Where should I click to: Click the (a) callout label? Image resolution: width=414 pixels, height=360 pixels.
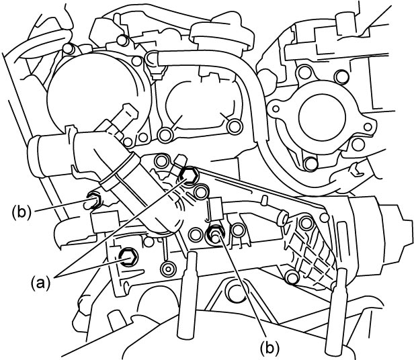click(x=40, y=283)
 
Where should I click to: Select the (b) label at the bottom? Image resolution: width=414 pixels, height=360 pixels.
click(x=270, y=347)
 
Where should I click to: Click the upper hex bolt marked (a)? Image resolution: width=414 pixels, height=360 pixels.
click(x=188, y=176)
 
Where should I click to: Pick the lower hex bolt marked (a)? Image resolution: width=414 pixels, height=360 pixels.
click(x=128, y=257)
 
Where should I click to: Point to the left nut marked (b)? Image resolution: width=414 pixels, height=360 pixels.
click(x=95, y=199)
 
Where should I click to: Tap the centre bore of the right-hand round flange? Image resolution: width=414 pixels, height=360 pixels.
click(x=322, y=117)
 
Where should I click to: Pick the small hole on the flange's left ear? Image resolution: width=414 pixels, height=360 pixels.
click(x=276, y=109)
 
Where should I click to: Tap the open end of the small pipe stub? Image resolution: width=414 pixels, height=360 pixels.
click(x=283, y=218)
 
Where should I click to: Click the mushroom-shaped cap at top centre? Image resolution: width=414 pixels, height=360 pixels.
click(x=222, y=34)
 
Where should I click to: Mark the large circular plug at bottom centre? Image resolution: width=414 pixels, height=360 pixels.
click(x=236, y=291)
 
